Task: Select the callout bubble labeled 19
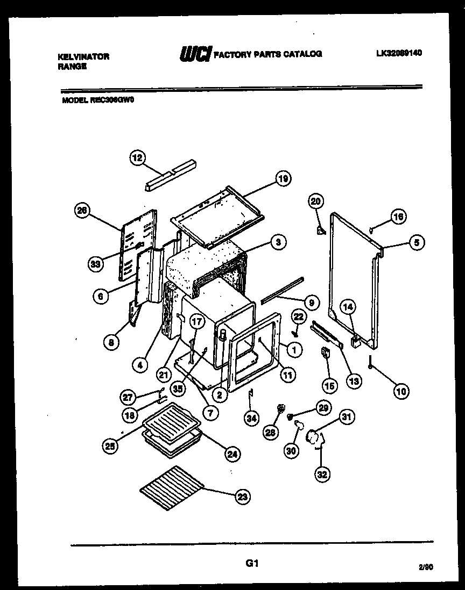click(x=283, y=178)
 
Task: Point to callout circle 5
click(x=416, y=242)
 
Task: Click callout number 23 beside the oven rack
click(x=242, y=497)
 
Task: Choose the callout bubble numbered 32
click(x=322, y=474)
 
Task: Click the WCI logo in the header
click(x=194, y=54)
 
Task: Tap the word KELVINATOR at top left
click(x=83, y=56)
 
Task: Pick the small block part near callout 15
click(x=325, y=353)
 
